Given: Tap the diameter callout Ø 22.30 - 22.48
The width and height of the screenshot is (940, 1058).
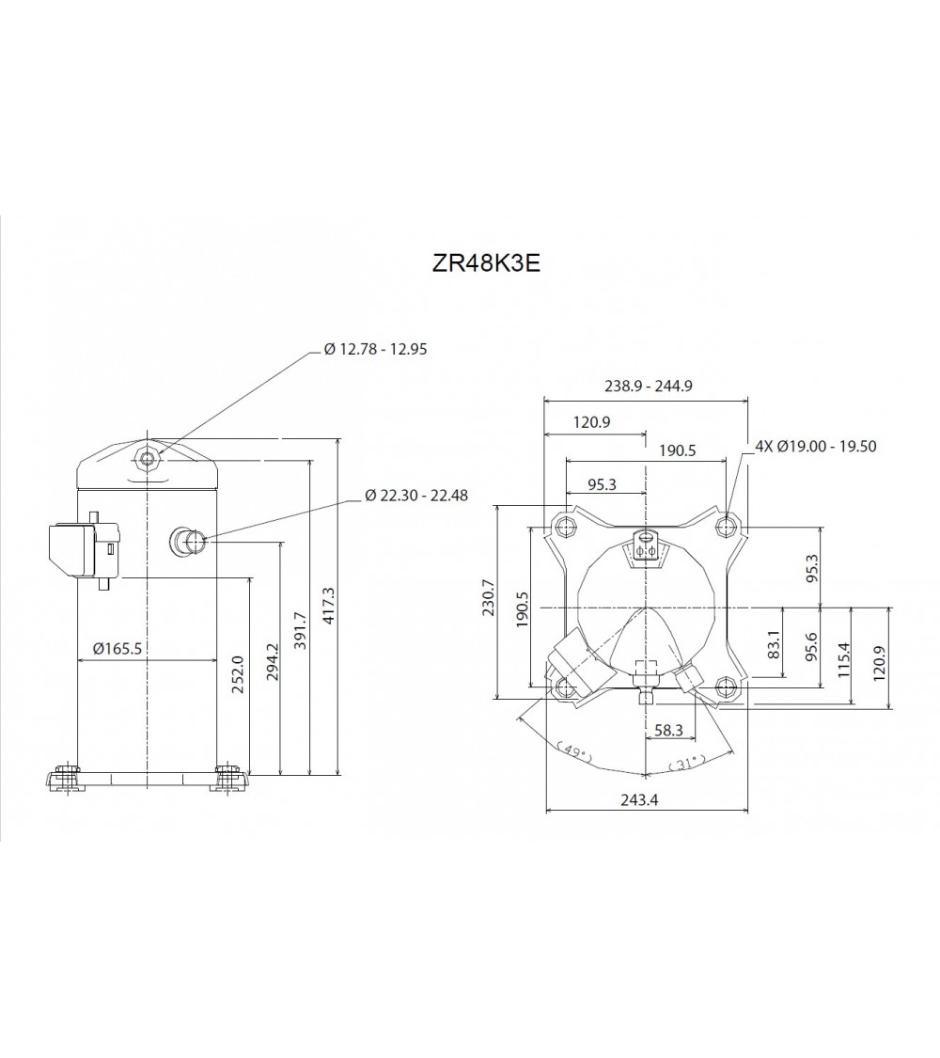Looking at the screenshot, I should pos(415,495).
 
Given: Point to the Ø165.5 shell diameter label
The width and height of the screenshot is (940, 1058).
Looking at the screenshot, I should pos(117,648).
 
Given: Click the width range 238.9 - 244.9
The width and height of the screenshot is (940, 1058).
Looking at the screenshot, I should pos(647,386).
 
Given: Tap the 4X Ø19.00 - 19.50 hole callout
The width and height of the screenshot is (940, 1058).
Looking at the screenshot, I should pos(816,446).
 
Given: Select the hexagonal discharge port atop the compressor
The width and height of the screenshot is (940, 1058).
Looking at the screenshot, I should pos(147,458).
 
